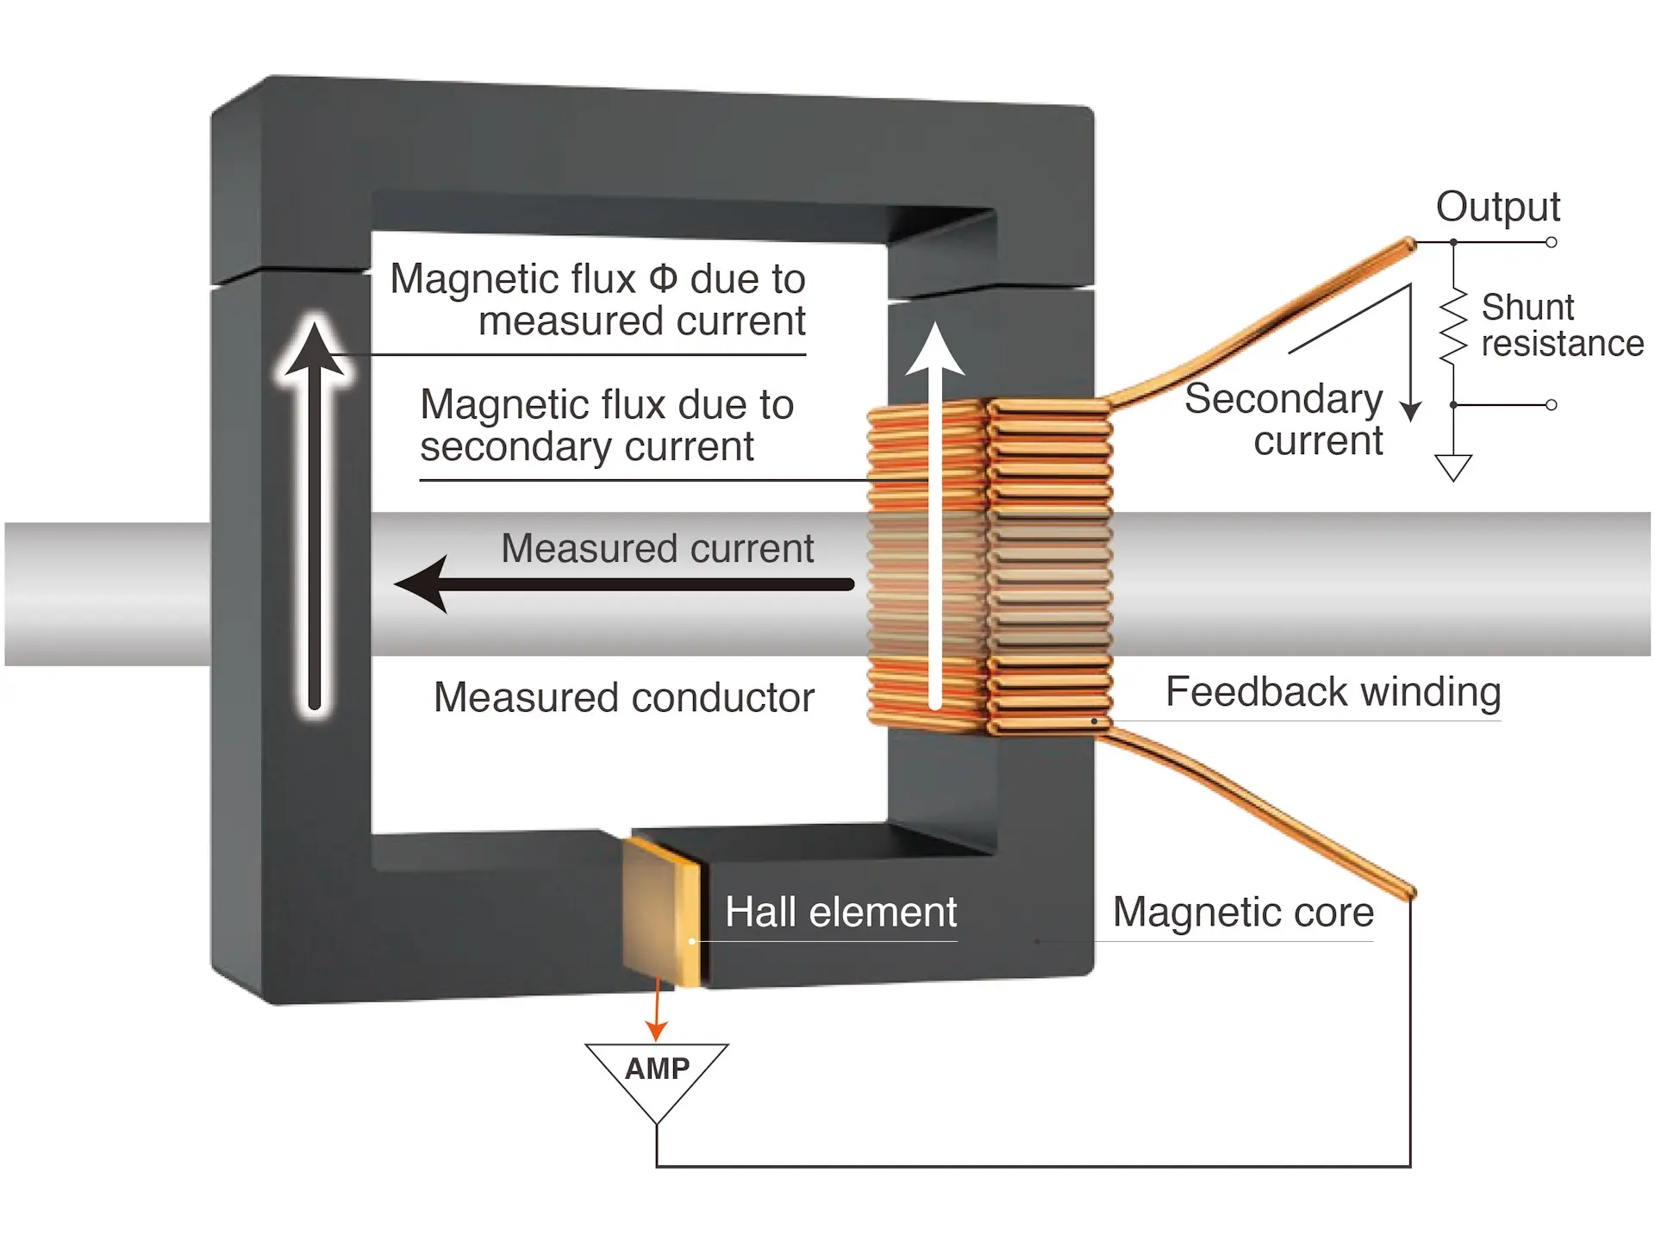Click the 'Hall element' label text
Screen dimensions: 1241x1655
pyautogui.click(x=840, y=912)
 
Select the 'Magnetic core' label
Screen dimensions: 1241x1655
pyautogui.click(x=1242, y=912)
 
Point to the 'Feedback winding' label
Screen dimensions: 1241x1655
pyautogui.click(x=1333, y=692)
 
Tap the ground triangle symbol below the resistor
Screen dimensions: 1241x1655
pyautogui.click(x=1453, y=466)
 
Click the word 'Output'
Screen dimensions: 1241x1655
pyautogui.click(x=1497, y=207)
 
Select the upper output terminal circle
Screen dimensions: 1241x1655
pyautogui.click(x=1551, y=242)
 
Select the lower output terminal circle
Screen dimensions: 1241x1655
pyautogui.click(x=1551, y=404)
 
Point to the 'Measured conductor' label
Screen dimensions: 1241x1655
pyautogui.click(x=623, y=697)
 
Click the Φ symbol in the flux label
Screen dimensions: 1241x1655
pyautogui.click(x=663, y=278)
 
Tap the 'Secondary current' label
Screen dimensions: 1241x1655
pyautogui.click(x=1284, y=420)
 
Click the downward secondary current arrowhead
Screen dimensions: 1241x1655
pyautogui.click(x=1410, y=410)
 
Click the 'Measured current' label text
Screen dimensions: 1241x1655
pyautogui.click(x=657, y=549)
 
